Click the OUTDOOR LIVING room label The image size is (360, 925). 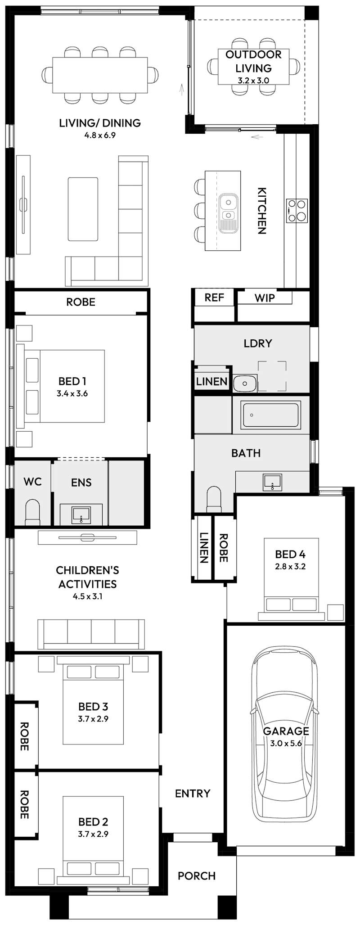(x=253, y=61)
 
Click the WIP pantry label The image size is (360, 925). (x=265, y=298)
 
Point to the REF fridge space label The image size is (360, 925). (x=214, y=298)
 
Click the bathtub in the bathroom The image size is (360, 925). (x=271, y=415)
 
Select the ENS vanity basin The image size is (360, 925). (x=81, y=514)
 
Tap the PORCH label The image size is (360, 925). (x=197, y=875)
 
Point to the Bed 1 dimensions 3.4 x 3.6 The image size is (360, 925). (x=72, y=393)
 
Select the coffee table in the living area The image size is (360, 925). (x=83, y=209)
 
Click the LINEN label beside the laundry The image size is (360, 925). (x=211, y=382)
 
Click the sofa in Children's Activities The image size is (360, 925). (x=91, y=633)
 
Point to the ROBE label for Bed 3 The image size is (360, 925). (x=24, y=736)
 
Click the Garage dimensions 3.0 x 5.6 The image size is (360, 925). (x=286, y=743)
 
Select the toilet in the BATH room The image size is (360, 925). (x=213, y=501)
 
